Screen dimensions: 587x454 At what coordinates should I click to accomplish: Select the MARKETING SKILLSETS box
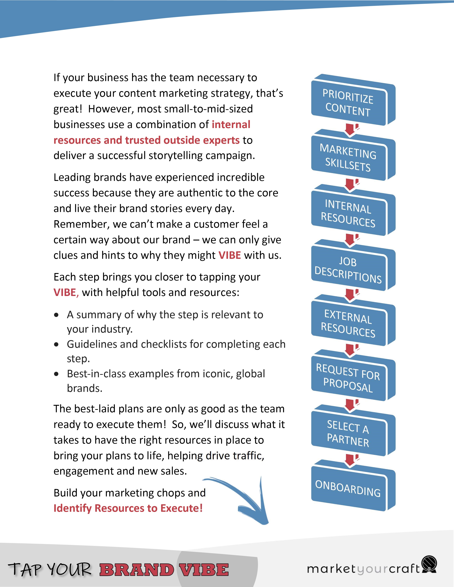(x=348, y=158)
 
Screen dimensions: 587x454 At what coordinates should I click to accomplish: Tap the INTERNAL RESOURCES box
(x=348, y=213)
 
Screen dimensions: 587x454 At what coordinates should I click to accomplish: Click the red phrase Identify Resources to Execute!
(x=128, y=508)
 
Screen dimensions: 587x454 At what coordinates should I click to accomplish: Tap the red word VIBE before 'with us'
(x=229, y=255)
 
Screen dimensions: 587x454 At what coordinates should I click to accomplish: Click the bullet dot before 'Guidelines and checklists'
(x=56, y=345)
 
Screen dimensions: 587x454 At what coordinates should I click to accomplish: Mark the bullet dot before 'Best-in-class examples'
(x=56, y=374)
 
